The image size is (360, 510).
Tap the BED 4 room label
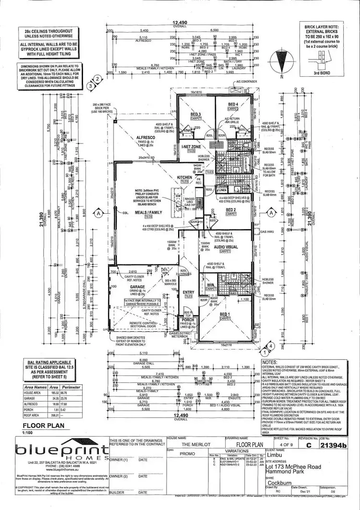(x=233, y=104)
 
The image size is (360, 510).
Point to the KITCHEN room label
(x=185, y=178)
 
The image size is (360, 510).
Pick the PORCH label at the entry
(x=188, y=319)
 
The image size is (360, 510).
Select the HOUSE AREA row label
(x=34, y=392)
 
